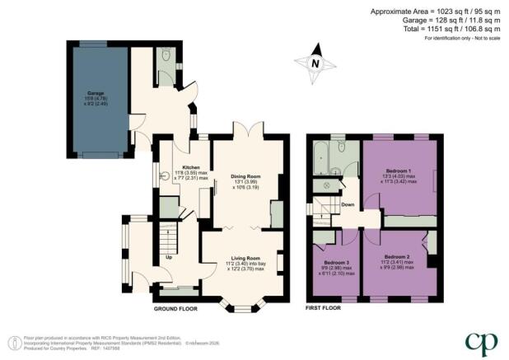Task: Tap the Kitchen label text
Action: tap(180, 143)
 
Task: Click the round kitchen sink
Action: tap(164, 175)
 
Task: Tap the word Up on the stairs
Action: tap(170, 257)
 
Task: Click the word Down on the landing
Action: tap(348, 204)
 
